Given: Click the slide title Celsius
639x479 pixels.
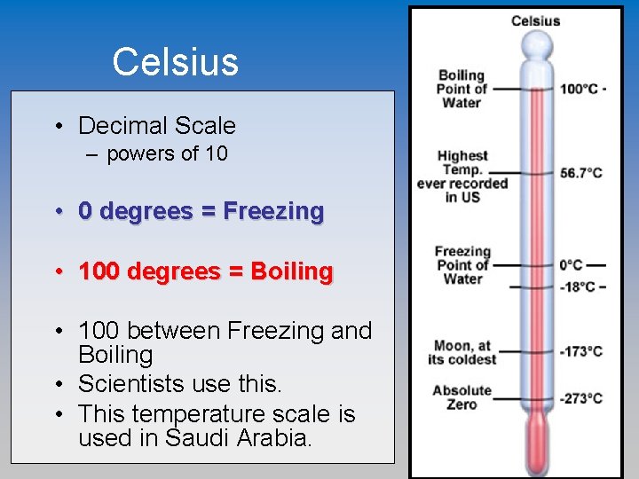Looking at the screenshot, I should coord(176,62).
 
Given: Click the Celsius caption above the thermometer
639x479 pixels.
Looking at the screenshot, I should coord(535,21).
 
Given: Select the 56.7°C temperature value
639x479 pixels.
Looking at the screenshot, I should coord(581,173).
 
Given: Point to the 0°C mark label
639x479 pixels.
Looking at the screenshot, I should coord(572,264).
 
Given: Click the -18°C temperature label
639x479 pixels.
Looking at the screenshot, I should coord(579,286).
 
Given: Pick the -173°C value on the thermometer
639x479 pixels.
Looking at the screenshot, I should coord(580,351).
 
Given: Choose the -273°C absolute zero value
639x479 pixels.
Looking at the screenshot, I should coord(580,398).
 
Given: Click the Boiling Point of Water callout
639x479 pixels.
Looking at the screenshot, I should coord(461,89).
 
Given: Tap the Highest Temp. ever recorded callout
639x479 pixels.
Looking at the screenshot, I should coord(461,176).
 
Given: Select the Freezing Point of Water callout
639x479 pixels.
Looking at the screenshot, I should coord(461,264).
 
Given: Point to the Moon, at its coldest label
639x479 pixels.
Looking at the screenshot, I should coord(461,352).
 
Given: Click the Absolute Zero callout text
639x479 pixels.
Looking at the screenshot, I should coord(461,397).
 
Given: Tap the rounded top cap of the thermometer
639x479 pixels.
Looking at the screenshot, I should coord(536,43).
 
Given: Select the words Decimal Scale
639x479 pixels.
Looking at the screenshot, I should coord(157,126).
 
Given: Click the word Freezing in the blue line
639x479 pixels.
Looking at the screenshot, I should coord(273,211).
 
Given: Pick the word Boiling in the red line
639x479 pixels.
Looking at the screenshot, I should coord(292,271).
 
